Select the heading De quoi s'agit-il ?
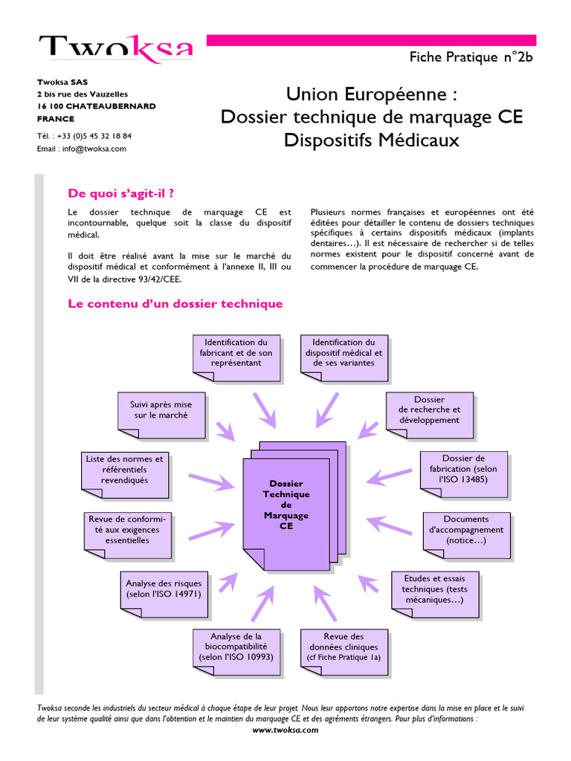point(121,193)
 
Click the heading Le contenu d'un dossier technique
point(175,303)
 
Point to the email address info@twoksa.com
point(94,148)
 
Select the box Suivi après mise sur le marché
point(161,410)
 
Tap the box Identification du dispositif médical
point(343,353)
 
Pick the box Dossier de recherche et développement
point(429,410)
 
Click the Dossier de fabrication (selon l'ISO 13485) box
point(463,469)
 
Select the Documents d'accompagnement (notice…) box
point(466,530)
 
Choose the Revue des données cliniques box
point(343,647)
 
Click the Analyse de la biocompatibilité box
point(236,647)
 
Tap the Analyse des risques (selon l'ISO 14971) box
point(163,589)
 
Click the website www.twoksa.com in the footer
point(285,730)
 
